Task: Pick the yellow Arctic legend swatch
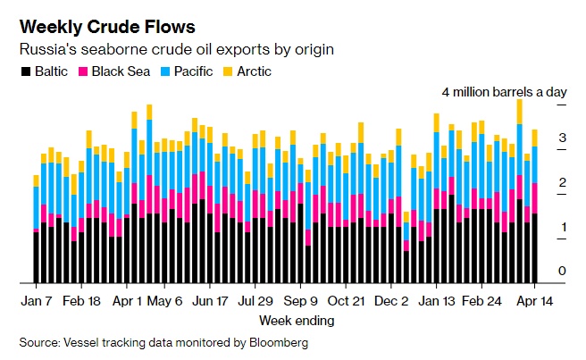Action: (x=230, y=71)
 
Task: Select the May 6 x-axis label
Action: (x=164, y=302)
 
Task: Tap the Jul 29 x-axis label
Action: (x=256, y=302)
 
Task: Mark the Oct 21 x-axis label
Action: (x=346, y=302)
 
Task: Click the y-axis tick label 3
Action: (x=562, y=138)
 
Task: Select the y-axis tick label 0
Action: (x=562, y=271)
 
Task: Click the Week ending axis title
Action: (x=297, y=320)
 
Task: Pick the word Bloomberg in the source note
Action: (x=278, y=342)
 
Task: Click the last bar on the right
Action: (x=535, y=205)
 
